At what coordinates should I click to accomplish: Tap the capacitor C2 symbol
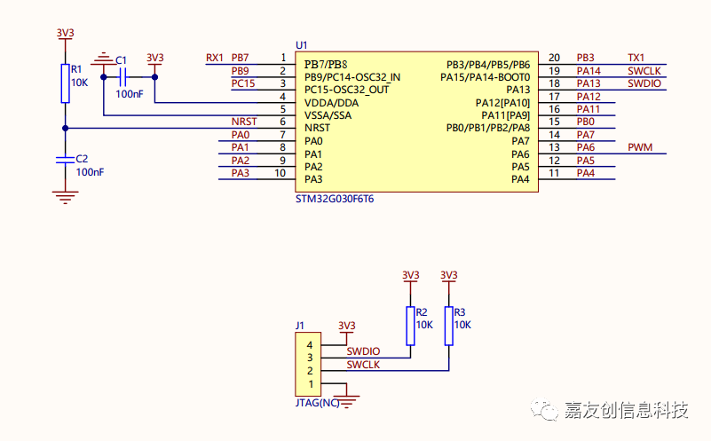pos(64,160)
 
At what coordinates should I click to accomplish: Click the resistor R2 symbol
pos(410,326)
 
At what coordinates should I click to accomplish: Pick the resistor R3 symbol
pos(448,326)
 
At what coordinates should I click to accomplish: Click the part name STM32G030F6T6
pos(335,200)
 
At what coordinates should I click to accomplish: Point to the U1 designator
pos(301,44)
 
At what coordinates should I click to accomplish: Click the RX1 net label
pos(214,58)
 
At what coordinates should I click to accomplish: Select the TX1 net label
pos(636,58)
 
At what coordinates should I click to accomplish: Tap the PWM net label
pos(639,147)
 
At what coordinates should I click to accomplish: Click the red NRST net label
pos(243,122)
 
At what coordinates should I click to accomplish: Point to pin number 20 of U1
pos(554,58)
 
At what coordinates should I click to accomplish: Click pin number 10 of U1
pos(280,173)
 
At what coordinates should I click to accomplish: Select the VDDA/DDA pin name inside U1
pos(332,103)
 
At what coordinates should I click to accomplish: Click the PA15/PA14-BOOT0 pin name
pos(485,77)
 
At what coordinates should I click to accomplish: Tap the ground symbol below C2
pos(64,196)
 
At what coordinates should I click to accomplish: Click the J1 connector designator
pos(300,325)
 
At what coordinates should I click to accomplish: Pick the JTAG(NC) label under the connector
pos(317,403)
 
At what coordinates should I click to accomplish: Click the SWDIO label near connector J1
pos(363,352)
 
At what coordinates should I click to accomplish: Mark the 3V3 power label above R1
pos(65,33)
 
